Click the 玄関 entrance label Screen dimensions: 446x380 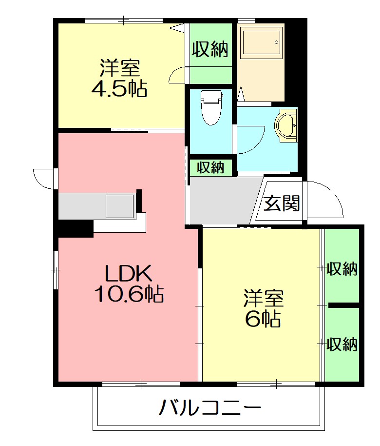point(282,203)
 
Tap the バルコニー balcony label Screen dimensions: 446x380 point(209,407)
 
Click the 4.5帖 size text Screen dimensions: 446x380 point(119,89)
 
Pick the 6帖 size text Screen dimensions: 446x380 point(263,318)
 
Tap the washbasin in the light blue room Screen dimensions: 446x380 point(286,126)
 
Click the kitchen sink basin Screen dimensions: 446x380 point(120,206)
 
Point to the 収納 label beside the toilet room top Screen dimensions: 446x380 point(210,49)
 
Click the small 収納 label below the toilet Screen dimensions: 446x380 point(211,167)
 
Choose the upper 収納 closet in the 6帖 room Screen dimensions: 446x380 point(342,268)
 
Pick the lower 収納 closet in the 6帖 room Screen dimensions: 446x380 point(342,345)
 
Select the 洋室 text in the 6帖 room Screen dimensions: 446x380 point(264,297)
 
